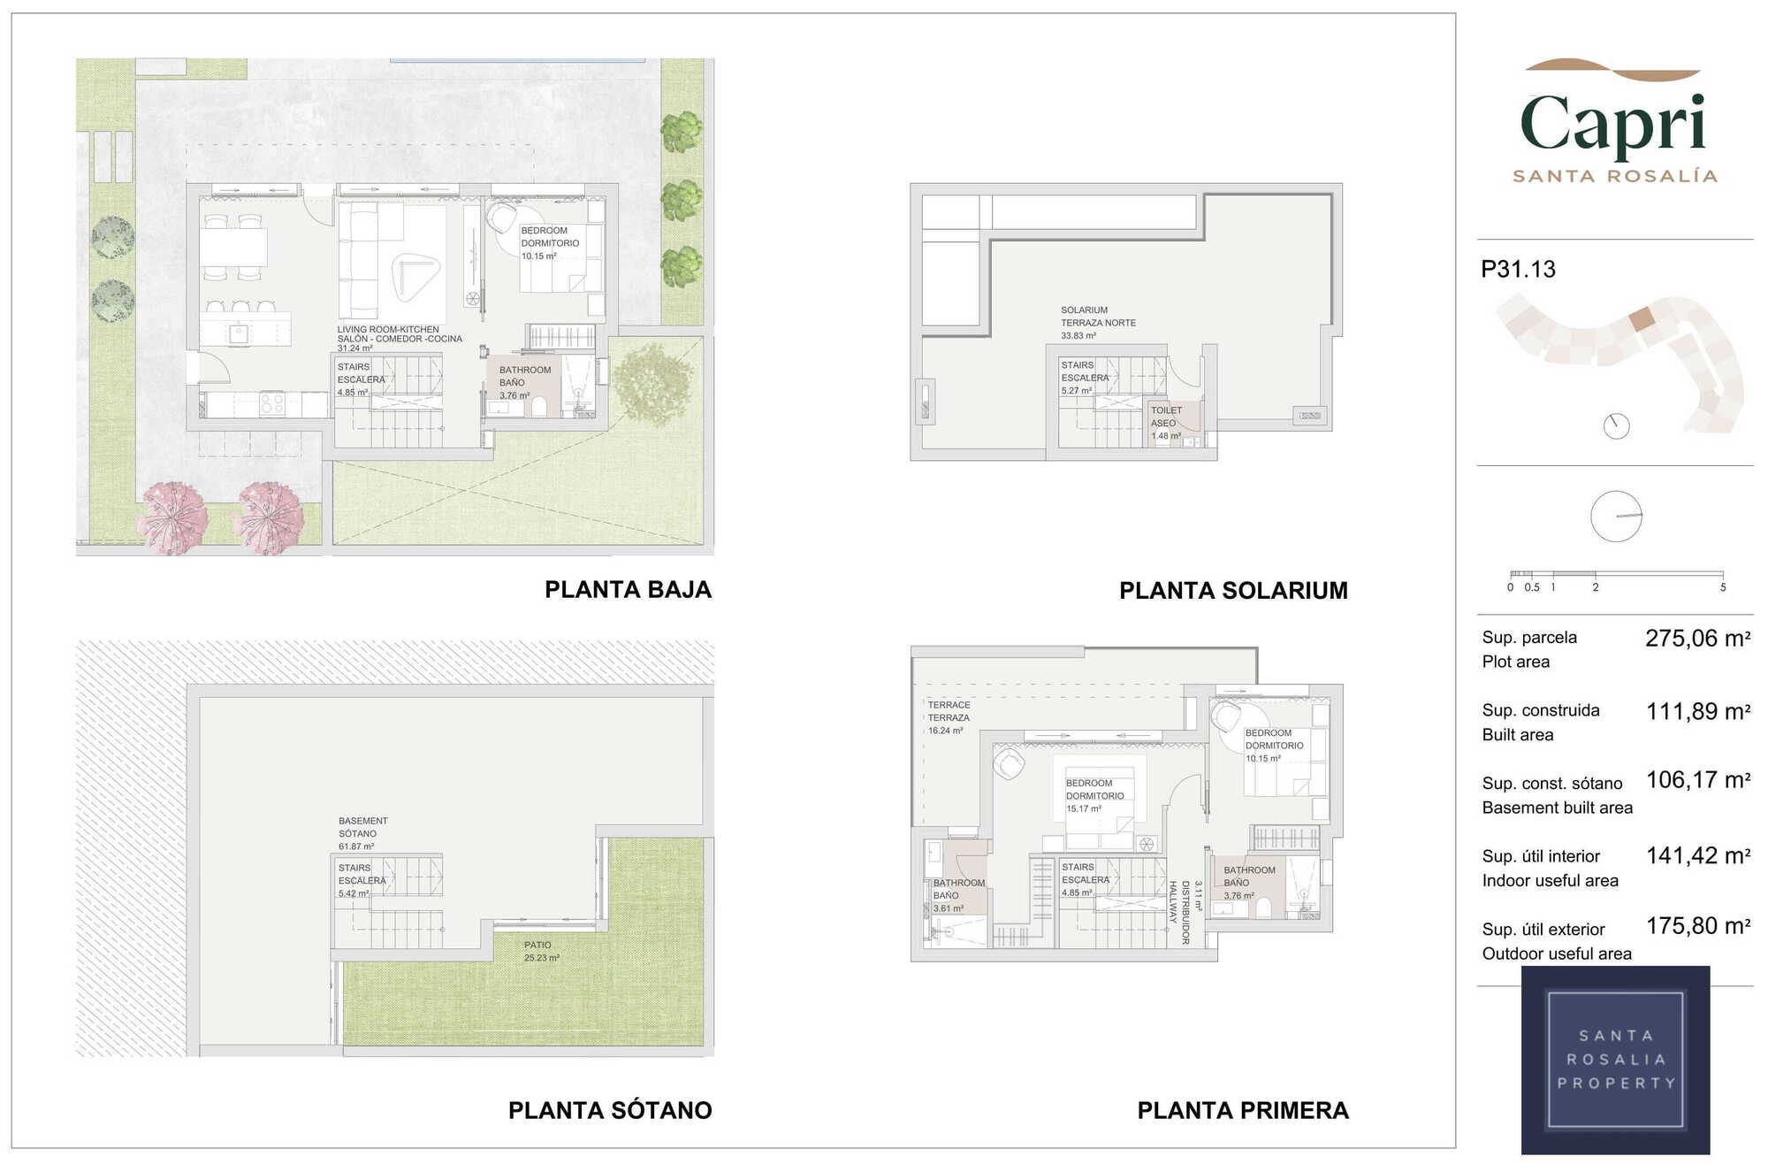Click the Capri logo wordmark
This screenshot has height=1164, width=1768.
tap(1613, 123)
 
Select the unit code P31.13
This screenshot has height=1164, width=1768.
tap(1518, 269)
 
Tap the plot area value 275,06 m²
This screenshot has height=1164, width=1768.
tap(1697, 638)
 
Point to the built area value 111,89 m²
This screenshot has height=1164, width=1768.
tap(1697, 711)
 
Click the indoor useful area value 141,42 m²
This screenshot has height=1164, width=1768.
tap(1697, 855)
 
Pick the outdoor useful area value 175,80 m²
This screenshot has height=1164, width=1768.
tap(1697, 926)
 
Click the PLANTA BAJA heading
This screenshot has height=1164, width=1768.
tap(628, 589)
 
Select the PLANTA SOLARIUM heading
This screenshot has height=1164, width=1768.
tap(1233, 590)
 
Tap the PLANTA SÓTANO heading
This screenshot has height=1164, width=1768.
tap(610, 1110)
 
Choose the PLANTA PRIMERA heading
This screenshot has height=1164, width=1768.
tap(1243, 1110)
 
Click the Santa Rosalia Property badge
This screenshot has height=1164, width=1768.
tap(1615, 1060)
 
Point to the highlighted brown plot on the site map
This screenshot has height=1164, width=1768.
tap(1642, 318)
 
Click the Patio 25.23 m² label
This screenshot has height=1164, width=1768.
tap(541, 952)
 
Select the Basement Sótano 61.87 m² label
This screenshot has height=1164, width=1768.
tap(362, 833)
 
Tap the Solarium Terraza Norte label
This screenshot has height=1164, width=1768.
tap(1098, 323)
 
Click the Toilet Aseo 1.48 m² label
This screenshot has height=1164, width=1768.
tap(1166, 423)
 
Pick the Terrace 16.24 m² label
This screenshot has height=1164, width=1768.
tap(949, 717)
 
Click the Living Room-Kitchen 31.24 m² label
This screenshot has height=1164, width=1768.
tap(400, 339)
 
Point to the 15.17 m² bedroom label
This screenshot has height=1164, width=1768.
tap(1094, 795)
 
